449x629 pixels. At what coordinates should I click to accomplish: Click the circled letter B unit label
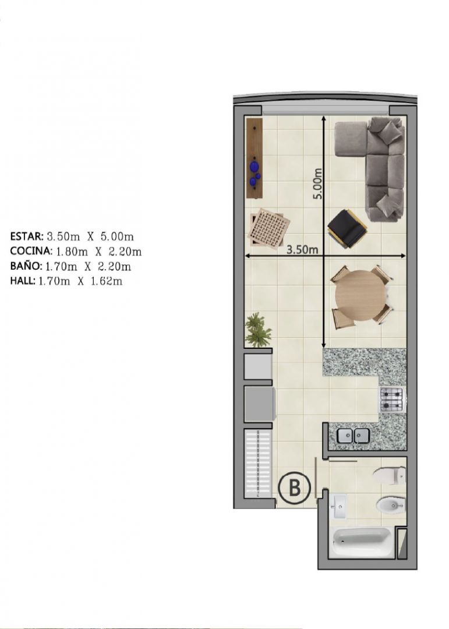tap(295, 488)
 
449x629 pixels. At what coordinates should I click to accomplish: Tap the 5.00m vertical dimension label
tap(318, 183)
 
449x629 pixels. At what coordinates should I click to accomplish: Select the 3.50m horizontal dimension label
tap(302, 249)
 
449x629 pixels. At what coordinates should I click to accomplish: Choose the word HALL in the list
tap(23, 280)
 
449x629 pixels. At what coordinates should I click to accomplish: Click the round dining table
tap(359, 296)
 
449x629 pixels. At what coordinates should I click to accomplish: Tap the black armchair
tap(348, 227)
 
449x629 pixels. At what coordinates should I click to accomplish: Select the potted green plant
tap(257, 330)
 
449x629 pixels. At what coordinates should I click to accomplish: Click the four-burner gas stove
tap(391, 400)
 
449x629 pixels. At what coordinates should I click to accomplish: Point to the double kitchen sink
tap(353, 436)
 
